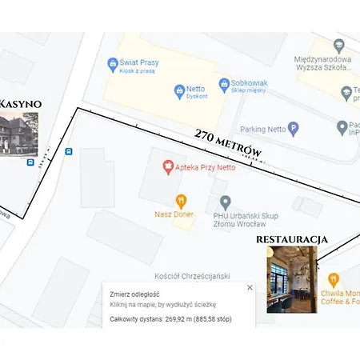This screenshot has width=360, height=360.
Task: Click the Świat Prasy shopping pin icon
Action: [x=113, y=64]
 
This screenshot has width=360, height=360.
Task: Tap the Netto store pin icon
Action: [x=180, y=90]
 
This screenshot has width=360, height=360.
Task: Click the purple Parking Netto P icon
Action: [x=294, y=128]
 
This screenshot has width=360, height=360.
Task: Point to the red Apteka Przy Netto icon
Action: [x=167, y=167]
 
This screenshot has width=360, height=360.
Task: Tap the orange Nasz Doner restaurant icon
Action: [x=182, y=201]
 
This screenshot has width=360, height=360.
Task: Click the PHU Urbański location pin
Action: [x=226, y=202]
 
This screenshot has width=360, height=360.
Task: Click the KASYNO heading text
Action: [x=21, y=104]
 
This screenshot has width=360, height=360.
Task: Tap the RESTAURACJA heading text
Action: [x=292, y=239]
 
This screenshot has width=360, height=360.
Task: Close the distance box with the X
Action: [x=250, y=287]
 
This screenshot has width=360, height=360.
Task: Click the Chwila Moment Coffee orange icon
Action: [x=334, y=280]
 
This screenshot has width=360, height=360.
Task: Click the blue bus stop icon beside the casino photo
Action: [x=30, y=162]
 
